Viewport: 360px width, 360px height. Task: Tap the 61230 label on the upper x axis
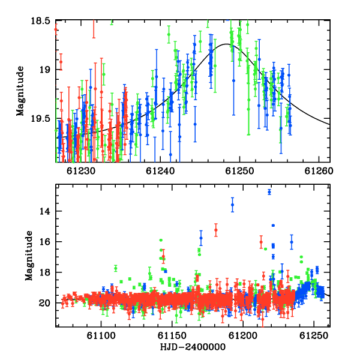[81, 171]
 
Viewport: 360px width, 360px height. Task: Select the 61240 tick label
[160, 171]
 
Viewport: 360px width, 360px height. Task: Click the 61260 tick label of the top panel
[319, 171]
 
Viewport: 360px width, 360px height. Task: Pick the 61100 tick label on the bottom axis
[101, 335]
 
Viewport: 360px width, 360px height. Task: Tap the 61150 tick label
[172, 335]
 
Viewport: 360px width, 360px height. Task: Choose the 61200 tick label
[243, 335]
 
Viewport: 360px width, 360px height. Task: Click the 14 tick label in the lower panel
[44, 211]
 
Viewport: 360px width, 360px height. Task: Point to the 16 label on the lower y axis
[44, 242]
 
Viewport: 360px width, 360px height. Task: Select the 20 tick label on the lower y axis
[44, 303]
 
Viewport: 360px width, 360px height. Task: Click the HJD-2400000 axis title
[193, 347]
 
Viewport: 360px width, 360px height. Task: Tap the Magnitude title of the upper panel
[20, 91]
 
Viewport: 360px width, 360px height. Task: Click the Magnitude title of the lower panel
[29, 256]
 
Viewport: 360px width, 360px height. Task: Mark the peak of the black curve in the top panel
[226, 44]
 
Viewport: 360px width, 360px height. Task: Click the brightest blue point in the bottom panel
[269, 192]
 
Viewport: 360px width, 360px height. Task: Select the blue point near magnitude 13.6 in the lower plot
[233, 205]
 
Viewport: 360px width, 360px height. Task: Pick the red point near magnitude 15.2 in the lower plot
[216, 230]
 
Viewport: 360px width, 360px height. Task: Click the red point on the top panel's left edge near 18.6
[56, 29]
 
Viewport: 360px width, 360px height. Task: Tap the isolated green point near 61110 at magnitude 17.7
[116, 268]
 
